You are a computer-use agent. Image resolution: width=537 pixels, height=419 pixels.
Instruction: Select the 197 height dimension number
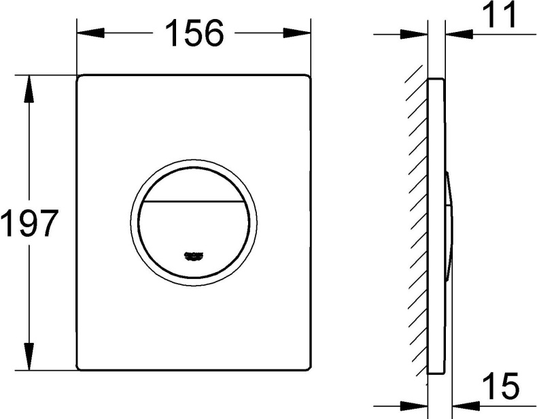pos(28,222)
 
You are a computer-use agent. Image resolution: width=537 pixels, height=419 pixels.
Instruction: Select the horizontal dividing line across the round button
pos(194,202)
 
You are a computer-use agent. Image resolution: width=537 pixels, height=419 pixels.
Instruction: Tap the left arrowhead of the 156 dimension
pos(86,33)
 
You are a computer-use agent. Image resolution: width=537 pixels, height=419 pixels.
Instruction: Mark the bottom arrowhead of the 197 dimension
pos(29,361)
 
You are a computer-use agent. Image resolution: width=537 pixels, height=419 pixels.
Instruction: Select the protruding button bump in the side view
pos(450,224)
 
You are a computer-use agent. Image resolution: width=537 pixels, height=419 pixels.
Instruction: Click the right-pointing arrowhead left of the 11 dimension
pos(417,33)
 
